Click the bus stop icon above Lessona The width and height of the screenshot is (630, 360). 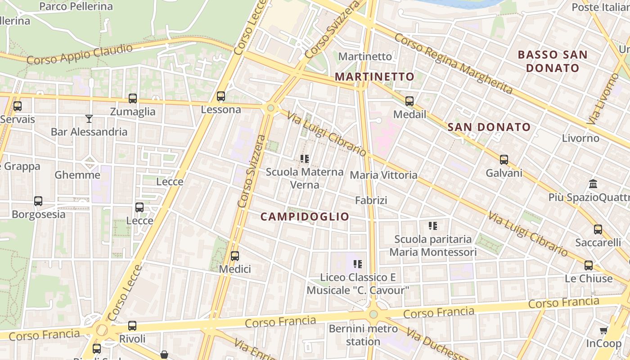coord(220,96)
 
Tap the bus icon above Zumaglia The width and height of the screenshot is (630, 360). coord(132,99)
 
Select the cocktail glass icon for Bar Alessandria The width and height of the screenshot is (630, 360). coord(89,119)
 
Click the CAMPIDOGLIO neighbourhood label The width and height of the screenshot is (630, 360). coord(305,216)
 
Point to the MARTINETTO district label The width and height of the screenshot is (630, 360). coord(374,76)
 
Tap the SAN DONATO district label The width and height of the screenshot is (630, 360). coord(489,127)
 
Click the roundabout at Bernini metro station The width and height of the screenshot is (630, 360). coord(373,314)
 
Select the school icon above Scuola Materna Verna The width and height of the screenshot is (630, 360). coord(305,159)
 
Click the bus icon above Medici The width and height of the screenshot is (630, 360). coord(234,256)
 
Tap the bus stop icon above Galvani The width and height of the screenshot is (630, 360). coord(504,160)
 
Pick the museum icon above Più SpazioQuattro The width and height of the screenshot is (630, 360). coord(593,184)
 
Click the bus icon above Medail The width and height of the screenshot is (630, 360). coord(409,101)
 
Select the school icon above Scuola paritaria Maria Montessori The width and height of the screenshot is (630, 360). coord(433,226)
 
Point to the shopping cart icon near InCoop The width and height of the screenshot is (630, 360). coord(604,331)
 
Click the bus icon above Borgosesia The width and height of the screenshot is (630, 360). coord(38,201)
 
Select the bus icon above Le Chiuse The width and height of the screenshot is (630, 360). coord(588,265)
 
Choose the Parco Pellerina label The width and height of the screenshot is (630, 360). coord(76,6)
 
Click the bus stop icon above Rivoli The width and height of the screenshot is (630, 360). coord(132,325)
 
